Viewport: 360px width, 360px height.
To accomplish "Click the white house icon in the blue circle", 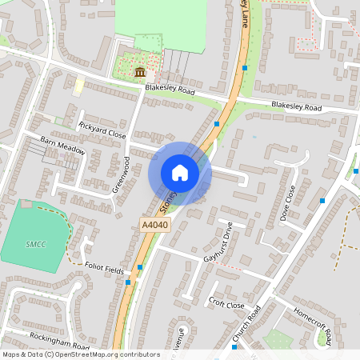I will coord(180,173).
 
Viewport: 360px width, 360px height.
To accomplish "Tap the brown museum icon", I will coord(140,72).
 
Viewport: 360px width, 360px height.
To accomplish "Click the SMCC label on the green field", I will coord(34,243).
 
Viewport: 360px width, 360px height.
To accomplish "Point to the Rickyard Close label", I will coord(102,130).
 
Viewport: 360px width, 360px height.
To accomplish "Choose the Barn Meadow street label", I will coord(62,145).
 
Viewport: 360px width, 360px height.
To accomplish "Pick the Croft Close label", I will coord(226,304).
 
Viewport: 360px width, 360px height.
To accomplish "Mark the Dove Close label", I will coord(289,203).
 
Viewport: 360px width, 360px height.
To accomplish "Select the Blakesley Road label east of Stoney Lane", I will coord(296,106).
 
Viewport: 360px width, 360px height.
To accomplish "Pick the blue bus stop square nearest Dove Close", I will coord(322,200).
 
